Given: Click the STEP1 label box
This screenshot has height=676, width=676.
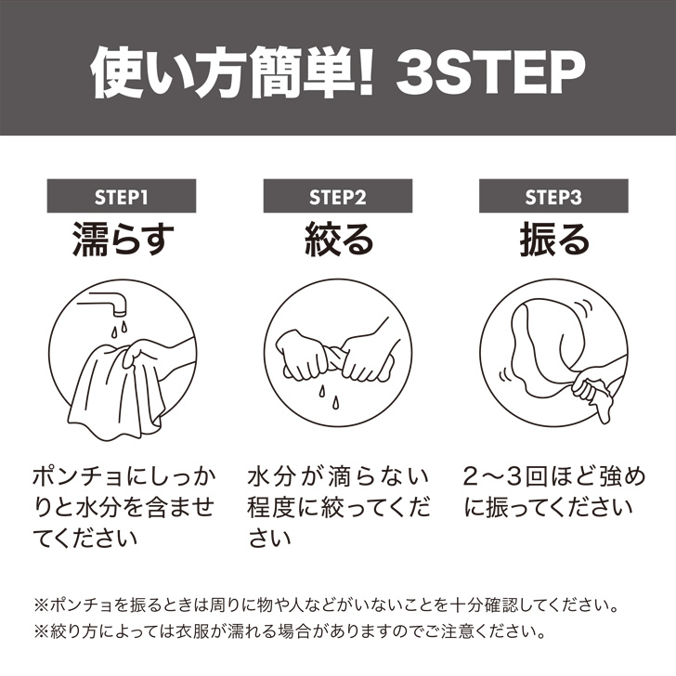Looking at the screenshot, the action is (x=122, y=196).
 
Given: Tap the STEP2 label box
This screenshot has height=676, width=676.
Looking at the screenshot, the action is (x=338, y=196).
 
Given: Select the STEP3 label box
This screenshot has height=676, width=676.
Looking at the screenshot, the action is (x=553, y=196).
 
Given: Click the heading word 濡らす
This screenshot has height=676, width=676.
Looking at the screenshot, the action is (x=123, y=240).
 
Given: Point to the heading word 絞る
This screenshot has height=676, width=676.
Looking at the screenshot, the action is (x=339, y=240).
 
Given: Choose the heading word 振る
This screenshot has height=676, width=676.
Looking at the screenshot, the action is (x=554, y=240).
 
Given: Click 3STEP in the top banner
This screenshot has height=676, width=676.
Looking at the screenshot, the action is (x=490, y=72).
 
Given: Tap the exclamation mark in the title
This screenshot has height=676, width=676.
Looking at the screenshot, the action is (x=366, y=72).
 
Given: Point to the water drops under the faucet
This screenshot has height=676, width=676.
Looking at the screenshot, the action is (x=119, y=329).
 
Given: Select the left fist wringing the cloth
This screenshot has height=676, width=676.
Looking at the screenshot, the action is (x=304, y=356).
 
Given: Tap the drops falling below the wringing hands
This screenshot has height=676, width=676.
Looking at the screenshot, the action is (x=329, y=397).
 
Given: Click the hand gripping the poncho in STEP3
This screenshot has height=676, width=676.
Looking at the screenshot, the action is (x=591, y=390).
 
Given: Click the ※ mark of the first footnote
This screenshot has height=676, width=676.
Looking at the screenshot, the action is (x=42, y=604).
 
